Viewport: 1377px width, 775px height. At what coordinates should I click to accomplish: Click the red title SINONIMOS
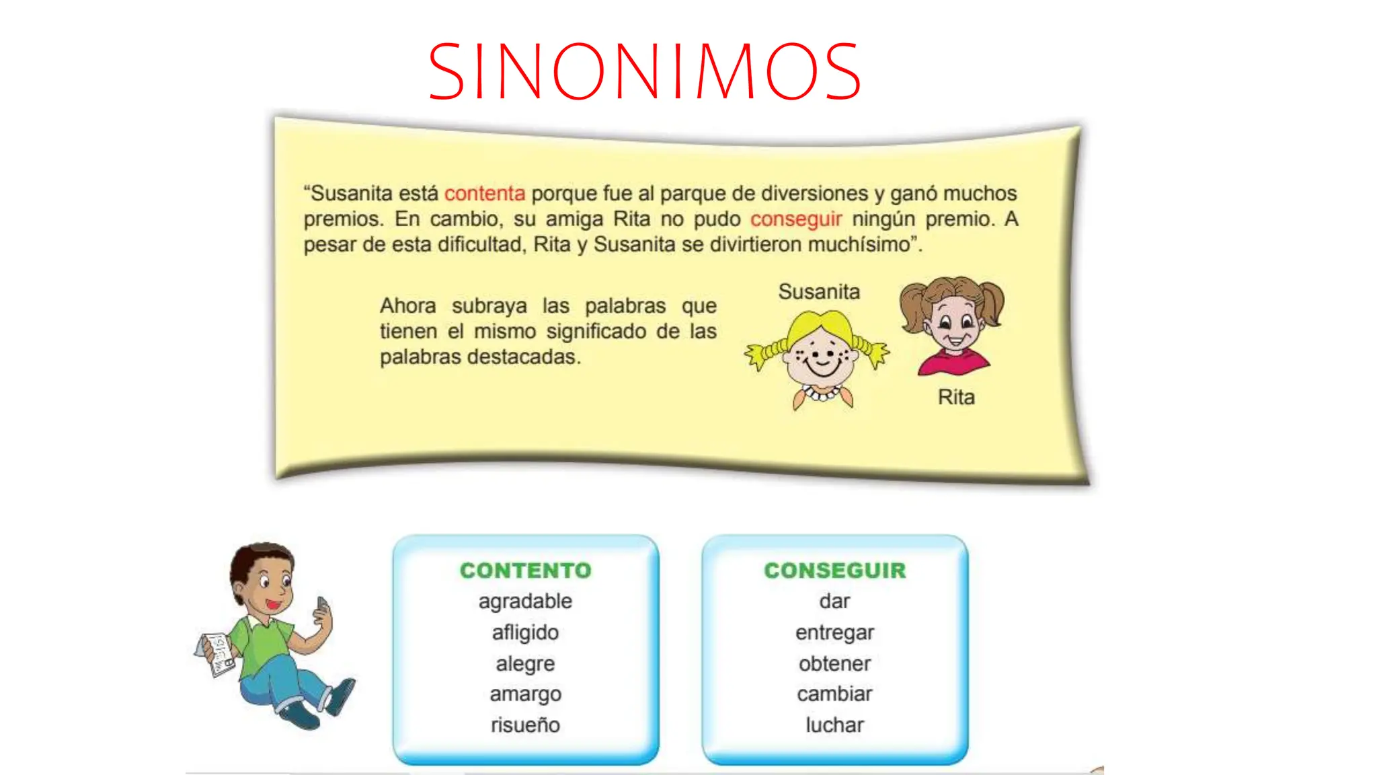tap(644, 71)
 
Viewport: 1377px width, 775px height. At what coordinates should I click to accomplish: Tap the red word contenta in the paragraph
tap(484, 194)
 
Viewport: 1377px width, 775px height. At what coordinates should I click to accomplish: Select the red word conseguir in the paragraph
tap(795, 219)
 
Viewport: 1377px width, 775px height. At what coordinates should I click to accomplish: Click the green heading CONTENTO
tap(525, 570)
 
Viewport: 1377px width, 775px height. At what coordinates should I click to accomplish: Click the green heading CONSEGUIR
tap(834, 570)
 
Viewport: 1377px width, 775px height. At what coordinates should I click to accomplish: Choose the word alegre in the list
tap(525, 664)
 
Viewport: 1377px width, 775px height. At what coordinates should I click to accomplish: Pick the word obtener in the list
tap(834, 664)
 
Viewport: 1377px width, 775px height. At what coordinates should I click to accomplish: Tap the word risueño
tap(525, 725)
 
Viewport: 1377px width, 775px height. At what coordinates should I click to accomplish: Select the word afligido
tap(525, 632)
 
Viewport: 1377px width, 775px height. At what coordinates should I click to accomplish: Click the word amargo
tap(525, 694)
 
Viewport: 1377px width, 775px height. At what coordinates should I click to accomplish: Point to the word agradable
tap(525, 601)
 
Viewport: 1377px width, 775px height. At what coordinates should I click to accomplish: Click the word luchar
tap(834, 725)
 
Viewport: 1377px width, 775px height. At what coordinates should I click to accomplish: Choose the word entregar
tap(834, 632)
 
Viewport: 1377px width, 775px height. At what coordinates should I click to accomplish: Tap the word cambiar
tap(834, 694)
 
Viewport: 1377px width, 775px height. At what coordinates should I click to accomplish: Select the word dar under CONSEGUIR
tap(834, 601)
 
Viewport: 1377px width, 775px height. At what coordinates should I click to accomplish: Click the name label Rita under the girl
tap(956, 398)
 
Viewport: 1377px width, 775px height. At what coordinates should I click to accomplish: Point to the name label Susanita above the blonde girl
tap(819, 292)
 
